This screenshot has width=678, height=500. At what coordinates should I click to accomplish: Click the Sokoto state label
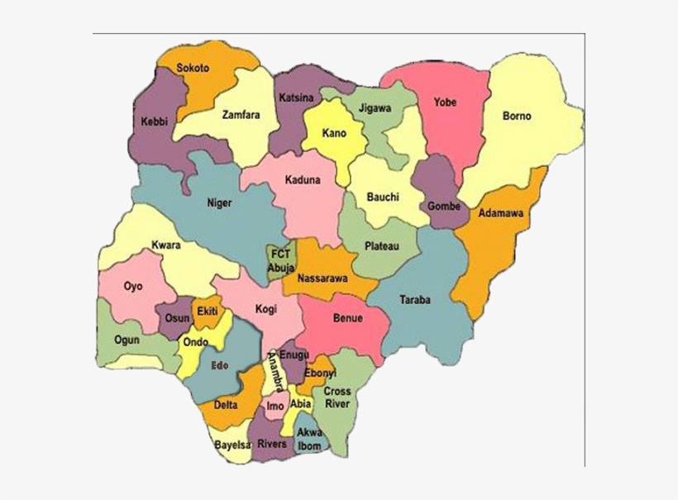coord(193,68)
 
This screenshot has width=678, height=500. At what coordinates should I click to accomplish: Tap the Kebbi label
coord(155,121)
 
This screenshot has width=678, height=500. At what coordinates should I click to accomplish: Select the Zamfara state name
coord(241,115)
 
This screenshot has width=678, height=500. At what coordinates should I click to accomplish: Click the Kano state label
coord(334,133)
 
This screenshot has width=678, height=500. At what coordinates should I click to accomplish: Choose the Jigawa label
coord(375,108)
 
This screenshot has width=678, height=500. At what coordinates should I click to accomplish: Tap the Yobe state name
coord(445,102)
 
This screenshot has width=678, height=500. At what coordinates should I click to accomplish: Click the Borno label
coord(517,117)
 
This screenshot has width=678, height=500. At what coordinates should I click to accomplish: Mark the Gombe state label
coord(444,206)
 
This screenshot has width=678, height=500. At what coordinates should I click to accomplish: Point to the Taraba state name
coord(414,300)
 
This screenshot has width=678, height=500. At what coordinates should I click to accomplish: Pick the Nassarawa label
coord(322,279)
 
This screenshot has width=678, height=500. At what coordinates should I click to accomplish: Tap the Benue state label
coord(347,317)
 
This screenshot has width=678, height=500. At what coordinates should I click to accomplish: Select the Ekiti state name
coord(205,312)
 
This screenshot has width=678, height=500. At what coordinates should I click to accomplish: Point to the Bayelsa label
coord(232,445)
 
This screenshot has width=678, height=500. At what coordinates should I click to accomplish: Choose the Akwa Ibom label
coord(310,439)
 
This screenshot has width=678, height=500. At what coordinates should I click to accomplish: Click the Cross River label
coord(337,397)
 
